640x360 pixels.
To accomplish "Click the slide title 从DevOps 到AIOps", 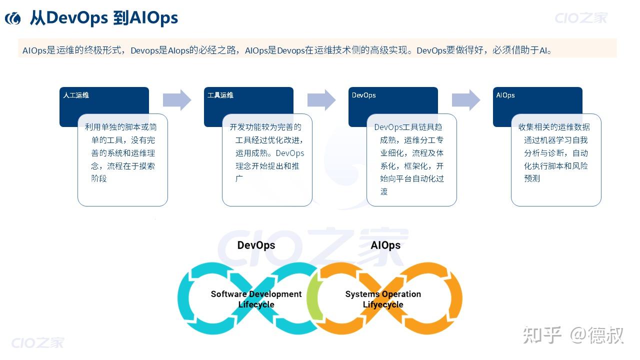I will click(x=103, y=18).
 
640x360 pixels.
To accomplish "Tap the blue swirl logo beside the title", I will click(x=13, y=18).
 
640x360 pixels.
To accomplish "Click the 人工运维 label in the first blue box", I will click(x=76, y=95).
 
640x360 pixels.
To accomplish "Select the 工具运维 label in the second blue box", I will click(x=220, y=95).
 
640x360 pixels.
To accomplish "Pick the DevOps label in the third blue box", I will click(x=363, y=95).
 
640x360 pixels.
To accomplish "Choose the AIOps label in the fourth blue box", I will click(x=505, y=95).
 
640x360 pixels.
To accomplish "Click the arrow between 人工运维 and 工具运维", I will click(x=177, y=100).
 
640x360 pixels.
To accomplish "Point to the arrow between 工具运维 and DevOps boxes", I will click(x=321, y=100).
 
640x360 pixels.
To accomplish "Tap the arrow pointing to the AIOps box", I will click(x=466, y=100).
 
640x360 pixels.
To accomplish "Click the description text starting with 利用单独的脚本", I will click(x=122, y=152).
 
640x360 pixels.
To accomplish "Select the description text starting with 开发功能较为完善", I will click(x=267, y=152).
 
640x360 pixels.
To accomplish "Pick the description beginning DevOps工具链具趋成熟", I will click(x=411, y=159).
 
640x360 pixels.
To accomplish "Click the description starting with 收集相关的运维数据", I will click(x=555, y=152).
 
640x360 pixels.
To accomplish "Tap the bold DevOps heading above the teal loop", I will click(x=256, y=245).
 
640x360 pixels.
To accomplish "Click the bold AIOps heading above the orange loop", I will click(x=385, y=245).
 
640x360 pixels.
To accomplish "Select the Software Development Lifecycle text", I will click(x=256, y=299).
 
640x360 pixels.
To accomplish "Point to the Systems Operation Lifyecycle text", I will click(x=383, y=299).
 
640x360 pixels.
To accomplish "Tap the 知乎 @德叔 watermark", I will click(x=573, y=335).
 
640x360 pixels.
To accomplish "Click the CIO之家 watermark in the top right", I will click(x=581, y=18).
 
